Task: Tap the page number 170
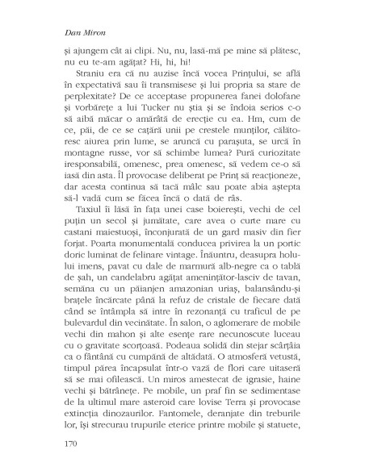point(73,443)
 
